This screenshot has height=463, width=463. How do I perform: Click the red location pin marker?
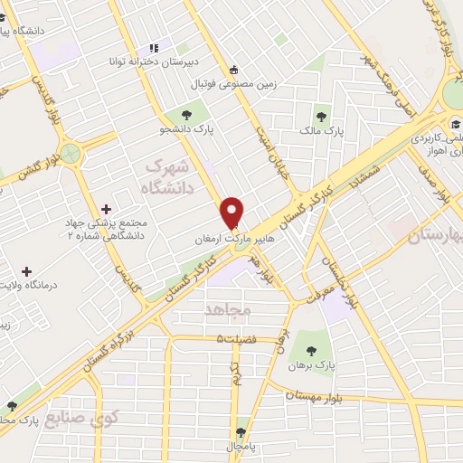click(x=232, y=212)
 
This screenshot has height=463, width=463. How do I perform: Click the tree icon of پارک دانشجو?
click(x=186, y=115)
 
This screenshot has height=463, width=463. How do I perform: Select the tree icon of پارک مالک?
click(x=320, y=115)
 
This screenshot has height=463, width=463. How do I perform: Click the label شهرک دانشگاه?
click(x=169, y=177)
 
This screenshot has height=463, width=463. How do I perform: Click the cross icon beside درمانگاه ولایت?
click(x=26, y=271)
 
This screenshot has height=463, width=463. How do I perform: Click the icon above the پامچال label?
click(x=241, y=432)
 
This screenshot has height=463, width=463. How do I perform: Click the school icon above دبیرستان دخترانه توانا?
click(x=153, y=47)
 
